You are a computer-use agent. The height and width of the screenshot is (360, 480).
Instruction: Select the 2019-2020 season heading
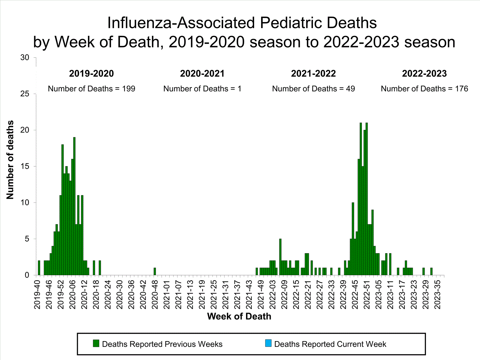point(92,74)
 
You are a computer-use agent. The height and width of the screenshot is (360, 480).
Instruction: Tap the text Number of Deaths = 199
point(92,89)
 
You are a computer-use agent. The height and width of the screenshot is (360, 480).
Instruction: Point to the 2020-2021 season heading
point(202,74)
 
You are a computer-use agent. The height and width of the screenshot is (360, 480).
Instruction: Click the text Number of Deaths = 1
point(202,89)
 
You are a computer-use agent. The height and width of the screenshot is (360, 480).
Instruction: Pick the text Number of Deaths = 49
point(313,89)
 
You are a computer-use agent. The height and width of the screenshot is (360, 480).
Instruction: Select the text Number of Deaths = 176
point(424,89)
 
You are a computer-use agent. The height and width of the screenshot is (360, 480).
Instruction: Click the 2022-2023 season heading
point(424,74)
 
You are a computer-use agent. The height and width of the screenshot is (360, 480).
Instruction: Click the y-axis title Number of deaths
point(10,160)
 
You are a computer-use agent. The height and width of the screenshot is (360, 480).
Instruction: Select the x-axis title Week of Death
point(239,316)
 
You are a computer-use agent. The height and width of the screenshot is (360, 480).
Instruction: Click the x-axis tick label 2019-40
point(37,295)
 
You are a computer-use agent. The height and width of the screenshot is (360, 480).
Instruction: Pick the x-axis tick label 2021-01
point(167,295)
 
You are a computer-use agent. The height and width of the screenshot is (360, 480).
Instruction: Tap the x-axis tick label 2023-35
point(437,295)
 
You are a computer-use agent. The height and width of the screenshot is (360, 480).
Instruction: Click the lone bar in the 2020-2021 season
point(155,272)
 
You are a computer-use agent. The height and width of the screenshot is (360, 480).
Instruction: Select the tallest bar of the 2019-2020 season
point(74,206)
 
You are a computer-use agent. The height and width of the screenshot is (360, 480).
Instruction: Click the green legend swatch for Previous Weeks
point(96,344)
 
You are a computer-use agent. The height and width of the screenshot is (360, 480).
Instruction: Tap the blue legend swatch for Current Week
point(268,344)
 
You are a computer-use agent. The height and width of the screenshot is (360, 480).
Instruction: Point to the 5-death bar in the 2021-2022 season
point(280,257)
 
